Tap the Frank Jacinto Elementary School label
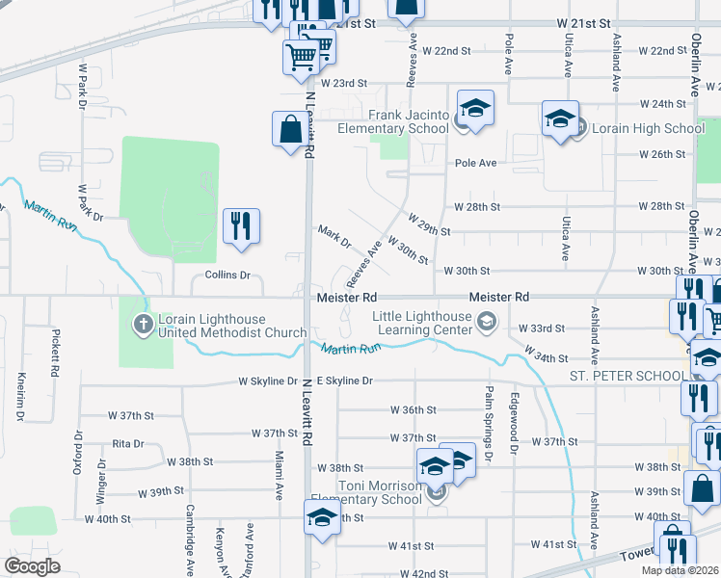[x=393, y=121]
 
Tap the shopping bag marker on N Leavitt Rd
[x=290, y=130]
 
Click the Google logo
[x=32, y=565]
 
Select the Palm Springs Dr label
[x=488, y=438]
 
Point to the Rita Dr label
[x=127, y=444]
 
